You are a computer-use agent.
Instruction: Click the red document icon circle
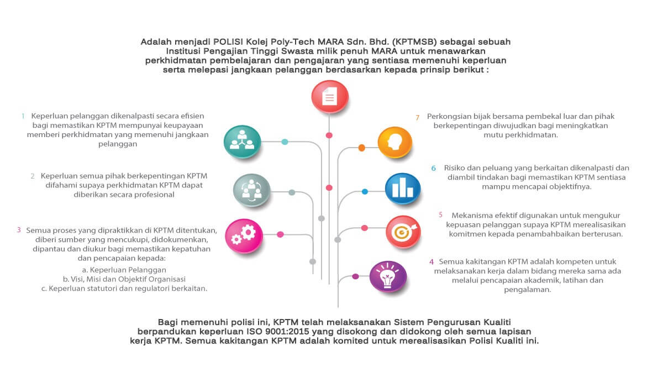(330, 97)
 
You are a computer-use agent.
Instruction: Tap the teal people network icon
(242, 142)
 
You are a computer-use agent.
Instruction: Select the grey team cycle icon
(251, 190)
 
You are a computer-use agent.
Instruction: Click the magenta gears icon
(244, 236)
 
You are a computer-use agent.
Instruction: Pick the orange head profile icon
(395, 143)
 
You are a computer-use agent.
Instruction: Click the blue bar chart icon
(403, 189)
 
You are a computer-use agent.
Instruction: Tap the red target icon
(403, 232)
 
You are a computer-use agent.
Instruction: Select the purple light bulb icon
(388, 276)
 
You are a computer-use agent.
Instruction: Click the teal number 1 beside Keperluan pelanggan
(23, 116)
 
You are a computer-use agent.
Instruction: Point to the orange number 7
(417, 118)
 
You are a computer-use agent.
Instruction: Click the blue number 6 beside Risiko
(433, 168)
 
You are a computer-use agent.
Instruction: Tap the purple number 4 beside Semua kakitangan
(432, 262)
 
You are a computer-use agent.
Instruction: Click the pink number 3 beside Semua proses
(19, 230)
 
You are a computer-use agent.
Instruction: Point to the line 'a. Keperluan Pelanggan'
(124, 270)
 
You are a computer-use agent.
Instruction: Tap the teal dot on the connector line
(285, 142)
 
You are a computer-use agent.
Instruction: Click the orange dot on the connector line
(361, 148)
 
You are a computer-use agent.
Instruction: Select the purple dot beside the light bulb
(355, 276)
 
